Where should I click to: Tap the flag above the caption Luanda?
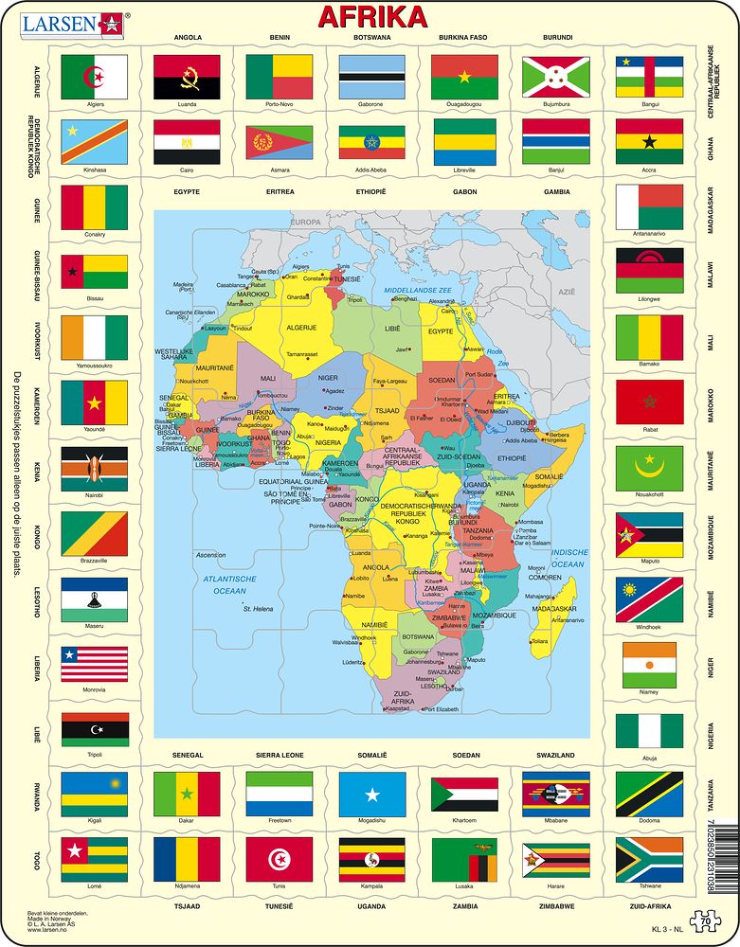pos(187,76)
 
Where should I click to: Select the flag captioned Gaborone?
pos(371,76)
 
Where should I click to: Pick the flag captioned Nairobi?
pos(94,468)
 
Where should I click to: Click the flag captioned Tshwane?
pos(649,859)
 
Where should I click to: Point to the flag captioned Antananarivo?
pos(649,207)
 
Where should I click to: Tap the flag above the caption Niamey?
pos(649,665)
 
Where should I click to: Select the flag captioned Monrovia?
pos(94,665)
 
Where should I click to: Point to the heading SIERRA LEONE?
pos(280,755)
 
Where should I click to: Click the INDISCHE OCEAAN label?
pos(569,558)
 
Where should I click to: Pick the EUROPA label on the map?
pos(306,222)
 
